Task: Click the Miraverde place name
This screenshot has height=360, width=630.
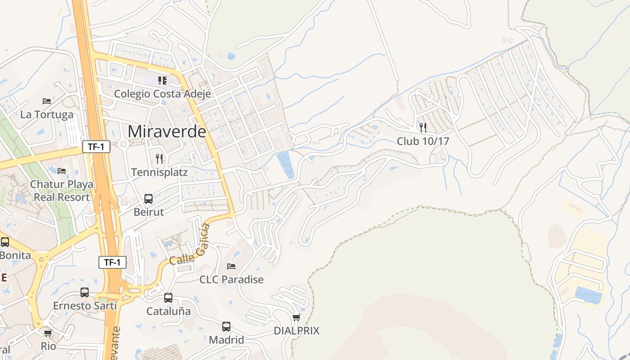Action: click(x=167, y=131)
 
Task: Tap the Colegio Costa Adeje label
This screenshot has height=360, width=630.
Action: click(x=156, y=94)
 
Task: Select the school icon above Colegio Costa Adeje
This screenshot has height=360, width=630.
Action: click(x=162, y=81)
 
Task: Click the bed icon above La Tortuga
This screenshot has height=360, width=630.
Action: click(x=47, y=101)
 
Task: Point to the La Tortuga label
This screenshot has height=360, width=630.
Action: click(x=46, y=115)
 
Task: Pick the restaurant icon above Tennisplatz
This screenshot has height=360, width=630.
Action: click(x=159, y=158)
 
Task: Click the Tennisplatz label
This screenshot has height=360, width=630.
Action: click(x=159, y=172)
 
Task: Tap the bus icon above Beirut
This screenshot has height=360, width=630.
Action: click(x=148, y=198)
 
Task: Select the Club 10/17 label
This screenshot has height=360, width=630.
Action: click(x=423, y=141)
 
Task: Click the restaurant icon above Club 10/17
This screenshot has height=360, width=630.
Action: click(x=423, y=127)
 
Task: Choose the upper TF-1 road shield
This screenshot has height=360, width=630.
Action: click(x=96, y=146)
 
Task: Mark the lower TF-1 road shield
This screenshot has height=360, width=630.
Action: click(x=112, y=262)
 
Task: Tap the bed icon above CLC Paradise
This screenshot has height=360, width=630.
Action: click(x=231, y=266)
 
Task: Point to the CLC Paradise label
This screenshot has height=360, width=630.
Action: click(x=231, y=279)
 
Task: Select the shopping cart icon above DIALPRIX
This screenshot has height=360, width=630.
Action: click(x=296, y=318)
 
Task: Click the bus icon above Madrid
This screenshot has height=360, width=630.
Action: click(x=226, y=327)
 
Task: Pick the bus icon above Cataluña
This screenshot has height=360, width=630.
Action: click(x=168, y=297)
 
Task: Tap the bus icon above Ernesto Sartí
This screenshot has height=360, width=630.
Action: click(x=85, y=292)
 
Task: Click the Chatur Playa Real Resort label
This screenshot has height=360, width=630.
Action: click(x=62, y=191)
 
